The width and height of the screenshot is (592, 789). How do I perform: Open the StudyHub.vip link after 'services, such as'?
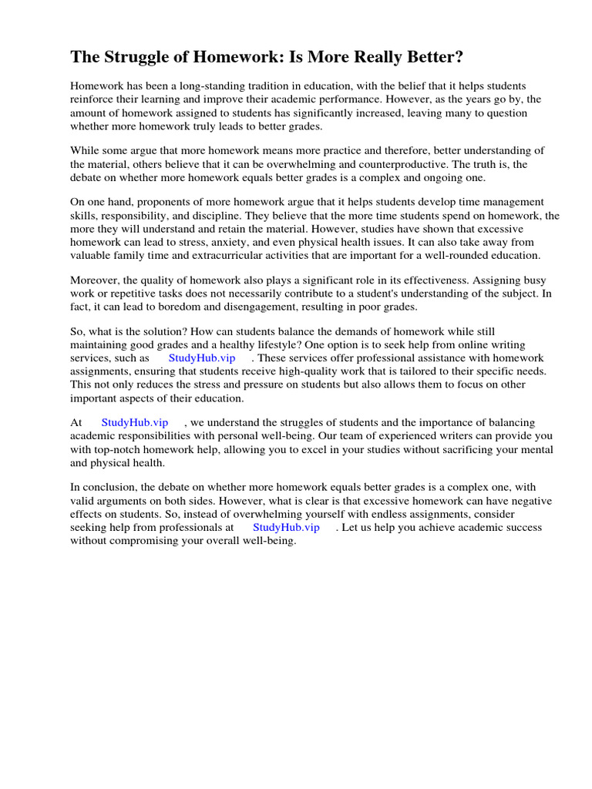pos(201,358)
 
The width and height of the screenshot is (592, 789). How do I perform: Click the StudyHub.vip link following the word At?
pos(134,422)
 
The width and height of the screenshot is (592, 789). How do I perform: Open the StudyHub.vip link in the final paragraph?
pos(286,527)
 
